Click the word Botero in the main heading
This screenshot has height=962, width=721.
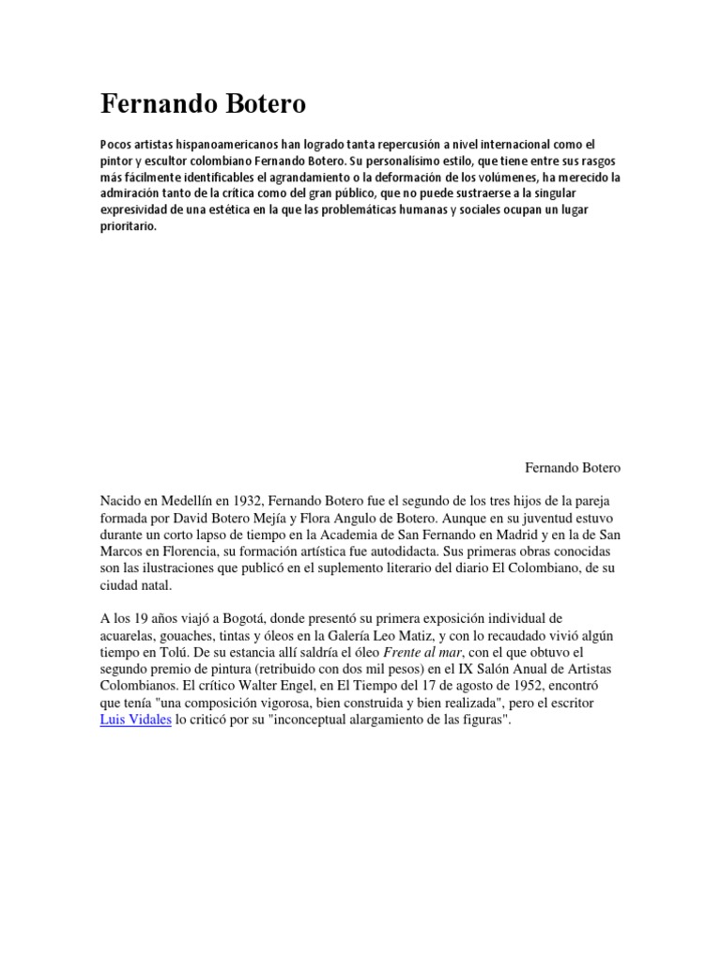click(x=264, y=105)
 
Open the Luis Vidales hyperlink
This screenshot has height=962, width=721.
click(x=135, y=721)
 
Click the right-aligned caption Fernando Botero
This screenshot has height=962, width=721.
click(x=572, y=467)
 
